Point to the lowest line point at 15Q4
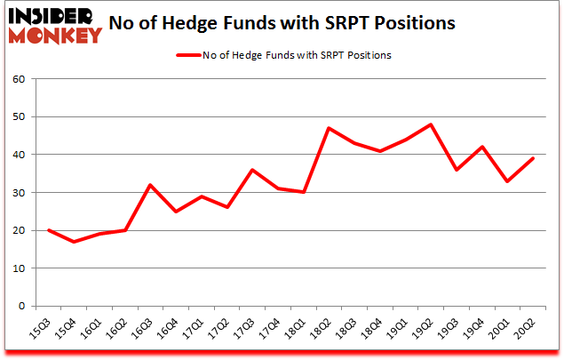[74, 242]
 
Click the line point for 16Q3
[151, 185]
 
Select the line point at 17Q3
[253, 170]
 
